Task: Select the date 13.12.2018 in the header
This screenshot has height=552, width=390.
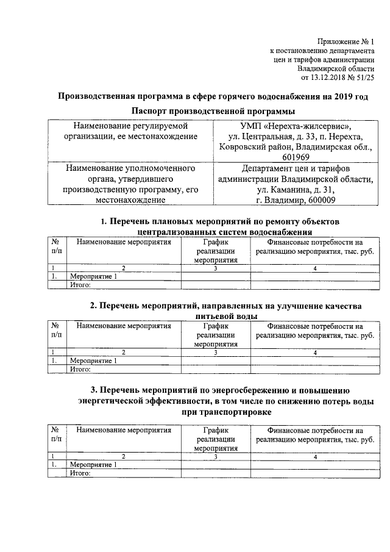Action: (331, 78)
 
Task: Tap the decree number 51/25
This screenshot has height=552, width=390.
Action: (365, 78)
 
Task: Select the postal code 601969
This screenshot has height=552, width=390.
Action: (296, 156)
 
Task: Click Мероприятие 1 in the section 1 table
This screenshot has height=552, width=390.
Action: (93, 276)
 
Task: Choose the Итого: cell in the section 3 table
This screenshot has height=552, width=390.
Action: (80, 473)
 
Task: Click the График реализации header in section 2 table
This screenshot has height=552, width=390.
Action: (216, 335)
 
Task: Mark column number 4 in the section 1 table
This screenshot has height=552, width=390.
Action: (315, 268)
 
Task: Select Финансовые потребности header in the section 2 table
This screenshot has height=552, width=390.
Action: (315, 331)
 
